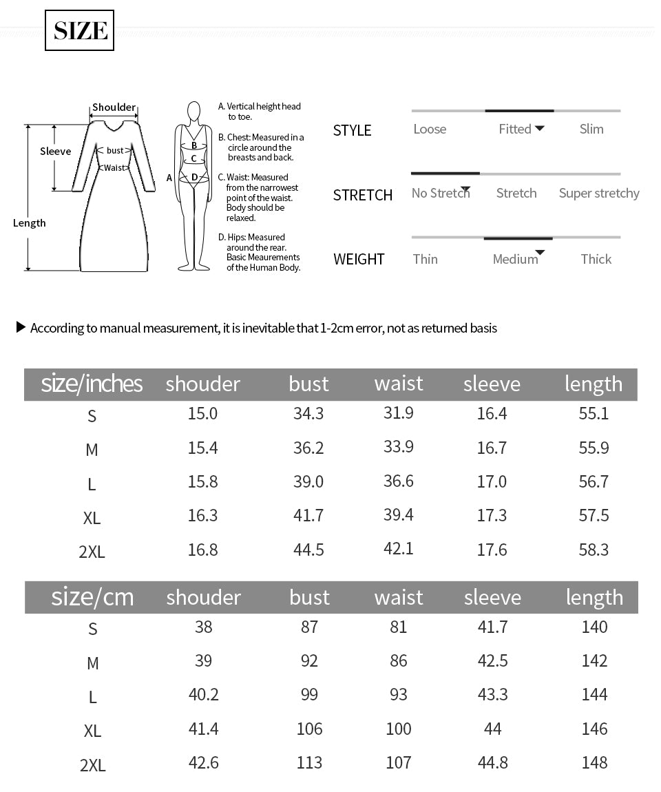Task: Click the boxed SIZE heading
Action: click(80, 31)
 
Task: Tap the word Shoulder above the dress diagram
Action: click(114, 107)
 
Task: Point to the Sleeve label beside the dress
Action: click(55, 152)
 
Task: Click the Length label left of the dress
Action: click(30, 223)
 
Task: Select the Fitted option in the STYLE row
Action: click(515, 129)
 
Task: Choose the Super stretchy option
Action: click(599, 194)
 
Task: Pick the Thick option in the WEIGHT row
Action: click(596, 259)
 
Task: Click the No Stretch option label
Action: click(440, 194)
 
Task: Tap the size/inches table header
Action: click(92, 384)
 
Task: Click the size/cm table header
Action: click(92, 597)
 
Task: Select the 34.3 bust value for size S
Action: click(308, 414)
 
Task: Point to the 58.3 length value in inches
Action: click(594, 550)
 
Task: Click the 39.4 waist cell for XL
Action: click(399, 515)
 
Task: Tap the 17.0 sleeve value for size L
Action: click(492, 481)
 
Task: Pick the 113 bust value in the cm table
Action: click(309, 762)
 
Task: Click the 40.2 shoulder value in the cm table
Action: click(203, 694)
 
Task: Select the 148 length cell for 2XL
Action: click(594, 762)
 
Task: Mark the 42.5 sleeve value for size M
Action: click(492, 660)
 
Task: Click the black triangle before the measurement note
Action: click(21, 327)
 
